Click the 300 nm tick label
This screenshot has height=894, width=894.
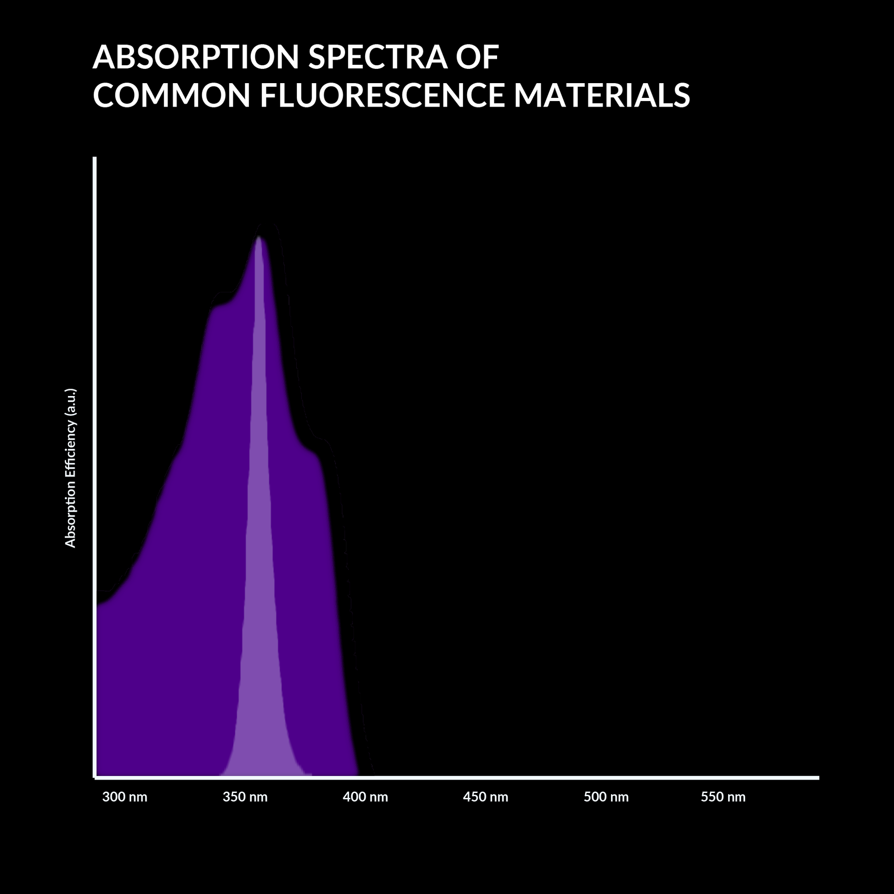coord(124,797)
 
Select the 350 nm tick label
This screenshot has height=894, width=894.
coord(245,797)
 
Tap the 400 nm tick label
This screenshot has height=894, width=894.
coord(365,797)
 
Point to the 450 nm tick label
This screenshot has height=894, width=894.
coord(486,797)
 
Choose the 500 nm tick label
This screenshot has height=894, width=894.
coord(605,797)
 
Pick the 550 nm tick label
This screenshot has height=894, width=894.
coord(723,797)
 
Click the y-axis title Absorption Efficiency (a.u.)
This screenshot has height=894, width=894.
coord(70,468)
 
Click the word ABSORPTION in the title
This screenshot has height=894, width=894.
coord(196,57)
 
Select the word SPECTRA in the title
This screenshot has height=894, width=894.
coord(378,57)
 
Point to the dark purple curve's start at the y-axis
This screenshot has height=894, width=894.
coord(98,604)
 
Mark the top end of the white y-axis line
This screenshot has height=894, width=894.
coord(95,158)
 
